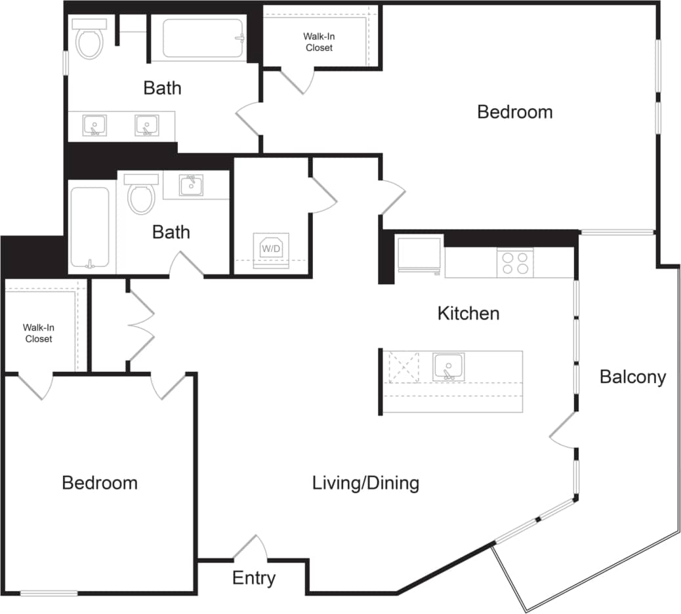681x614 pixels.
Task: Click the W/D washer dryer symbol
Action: pyautogui.click(x=271, y=249)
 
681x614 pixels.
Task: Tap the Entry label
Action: pyautogui.click(x=254, y=579)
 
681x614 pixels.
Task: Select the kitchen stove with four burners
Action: pyautogui.click(x=515, y=263)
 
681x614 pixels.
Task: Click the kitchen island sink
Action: pyautogui.click(x=448, y=366)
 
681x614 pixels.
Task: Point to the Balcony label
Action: pyautogui.click(x=632, y=377)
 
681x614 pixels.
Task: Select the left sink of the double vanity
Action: pyautogui.click(x=95, y=125)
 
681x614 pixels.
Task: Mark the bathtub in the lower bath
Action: pyautogui.click(x=90, y=228)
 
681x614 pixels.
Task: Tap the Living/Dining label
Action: pyautogui.click(x=365, y=483)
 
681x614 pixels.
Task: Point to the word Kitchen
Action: pyautogui.click(x=468, y=314)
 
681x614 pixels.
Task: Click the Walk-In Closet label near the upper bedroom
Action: pyautogui.click(x=319, y=43)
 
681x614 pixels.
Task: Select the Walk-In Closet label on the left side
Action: pyautogui.click(x=39, y=333)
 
